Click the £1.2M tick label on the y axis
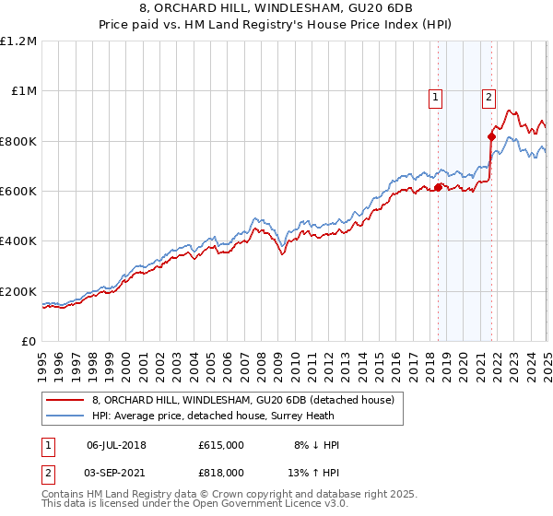(x=19, y=41)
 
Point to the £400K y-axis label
(x=18, y=241)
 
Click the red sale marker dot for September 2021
(x=491, y=137)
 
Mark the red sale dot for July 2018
(x=439, y=188)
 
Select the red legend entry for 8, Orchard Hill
(x=242, y=400)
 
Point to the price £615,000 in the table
(x=221, y=445)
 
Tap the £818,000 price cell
(x=221, y=475)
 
